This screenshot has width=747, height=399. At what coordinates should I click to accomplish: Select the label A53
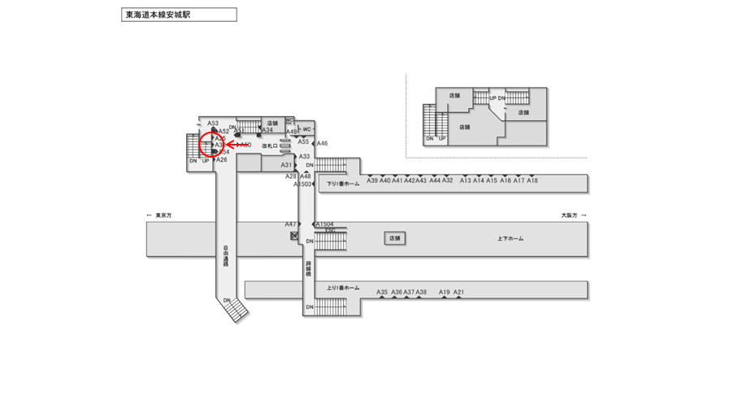tap(213, 123)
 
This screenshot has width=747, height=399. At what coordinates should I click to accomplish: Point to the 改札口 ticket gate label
tap(271, 145)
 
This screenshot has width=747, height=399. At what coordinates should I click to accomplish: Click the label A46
tap(322, 143)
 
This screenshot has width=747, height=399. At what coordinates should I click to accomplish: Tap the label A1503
tap(302, 184)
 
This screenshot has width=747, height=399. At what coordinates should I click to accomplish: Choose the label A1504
tap(325, 223)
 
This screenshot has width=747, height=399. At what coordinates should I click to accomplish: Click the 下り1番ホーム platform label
tap(343, 184)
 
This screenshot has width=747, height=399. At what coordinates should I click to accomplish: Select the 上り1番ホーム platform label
tap(342, 288)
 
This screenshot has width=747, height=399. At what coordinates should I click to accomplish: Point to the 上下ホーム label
tap(510, 239)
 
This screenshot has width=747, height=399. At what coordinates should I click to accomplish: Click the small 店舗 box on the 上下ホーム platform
tap(395, 239)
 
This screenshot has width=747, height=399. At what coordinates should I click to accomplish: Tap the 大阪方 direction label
tap(568, 215)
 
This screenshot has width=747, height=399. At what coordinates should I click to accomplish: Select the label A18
tap(532, 180)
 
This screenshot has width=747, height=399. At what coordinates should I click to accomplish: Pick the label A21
tap(458, 292)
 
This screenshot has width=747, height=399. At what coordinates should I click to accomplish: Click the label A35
tap(382, 292)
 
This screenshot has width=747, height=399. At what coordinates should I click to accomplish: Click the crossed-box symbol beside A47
tap(294, 236)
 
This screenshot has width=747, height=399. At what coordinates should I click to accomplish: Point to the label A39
tap(372, 180)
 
